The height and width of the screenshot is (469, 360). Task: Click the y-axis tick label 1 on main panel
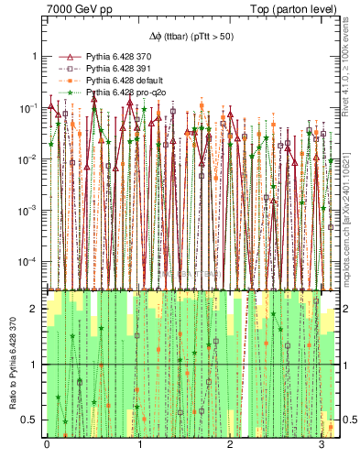pos(35,56)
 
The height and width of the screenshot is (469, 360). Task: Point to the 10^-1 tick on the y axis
pos(30,108)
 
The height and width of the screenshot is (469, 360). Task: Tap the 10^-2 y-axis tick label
pos(30,159)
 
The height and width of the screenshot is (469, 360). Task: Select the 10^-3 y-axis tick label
pos(30,211)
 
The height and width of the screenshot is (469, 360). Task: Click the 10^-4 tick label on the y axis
pos(30,262)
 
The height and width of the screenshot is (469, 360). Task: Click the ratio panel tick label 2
pos(35,309)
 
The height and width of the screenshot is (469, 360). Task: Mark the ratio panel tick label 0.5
pos(31,420)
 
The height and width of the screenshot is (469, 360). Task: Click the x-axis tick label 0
pos(47,443)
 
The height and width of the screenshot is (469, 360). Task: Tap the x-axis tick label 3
pos(321,443)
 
